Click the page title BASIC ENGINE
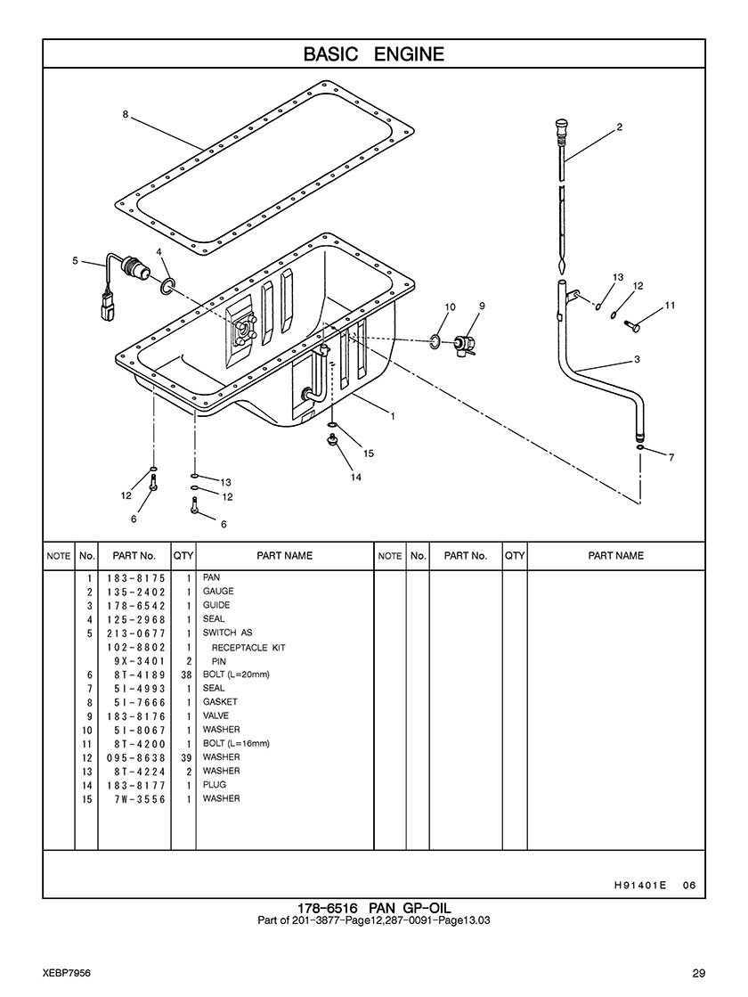click(x=373, y=54)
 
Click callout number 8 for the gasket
click(x=126, y=114)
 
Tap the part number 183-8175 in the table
click(x=134, y=578)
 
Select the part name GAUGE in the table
click(x=218, y=592)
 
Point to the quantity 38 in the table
click(x=183, y=674)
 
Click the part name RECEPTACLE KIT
click(x=248, y=648)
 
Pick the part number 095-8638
click(x=134, y=758)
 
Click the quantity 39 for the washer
click(x=183, y=758)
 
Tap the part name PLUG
click(x=215, y=785)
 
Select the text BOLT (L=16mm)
click(x=236, y=743)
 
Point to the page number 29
click(x=698, y=972)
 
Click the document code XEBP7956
click(x=65, y=972)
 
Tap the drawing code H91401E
click(x=639, y=886)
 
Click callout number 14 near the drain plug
click(x=355, y=478)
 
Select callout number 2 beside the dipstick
click(x=619, y=127)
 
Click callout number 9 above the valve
click(x=481, y=306)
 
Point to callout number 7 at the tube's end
click(x=671, y=458)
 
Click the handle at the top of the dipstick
click(x=560, y=125)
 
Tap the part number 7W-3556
click(x=134, y=799)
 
